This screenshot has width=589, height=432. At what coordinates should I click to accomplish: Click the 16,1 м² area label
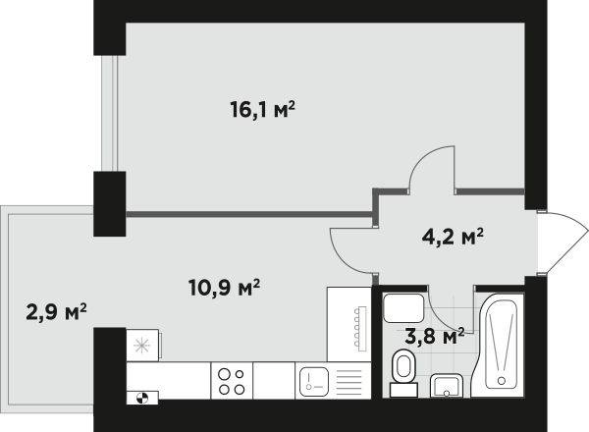point(262,110)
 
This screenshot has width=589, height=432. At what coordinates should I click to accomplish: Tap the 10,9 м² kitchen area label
point(224,288)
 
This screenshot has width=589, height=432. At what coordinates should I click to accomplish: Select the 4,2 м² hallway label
point(453,237)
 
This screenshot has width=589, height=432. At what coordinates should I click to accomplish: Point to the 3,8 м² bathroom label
point(435,336)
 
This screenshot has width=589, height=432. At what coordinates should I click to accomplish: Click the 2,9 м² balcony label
point(56,312)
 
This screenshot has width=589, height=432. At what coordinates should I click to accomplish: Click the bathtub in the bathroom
point(498,345)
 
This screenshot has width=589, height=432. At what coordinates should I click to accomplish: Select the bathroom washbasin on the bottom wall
point(447,386)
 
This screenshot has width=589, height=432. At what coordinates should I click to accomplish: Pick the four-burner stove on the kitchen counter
point(232,381)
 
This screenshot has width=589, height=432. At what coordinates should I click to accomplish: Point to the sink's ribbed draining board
point(349,382)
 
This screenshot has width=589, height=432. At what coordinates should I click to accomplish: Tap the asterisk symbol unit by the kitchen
point(142,346)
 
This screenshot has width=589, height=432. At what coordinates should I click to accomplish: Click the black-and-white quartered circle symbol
point(142,398)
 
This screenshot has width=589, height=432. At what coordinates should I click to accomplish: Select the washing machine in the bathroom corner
point(403,308)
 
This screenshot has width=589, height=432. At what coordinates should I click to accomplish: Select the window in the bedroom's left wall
point(110,114)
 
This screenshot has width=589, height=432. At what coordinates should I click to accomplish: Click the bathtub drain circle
point(501,381)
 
